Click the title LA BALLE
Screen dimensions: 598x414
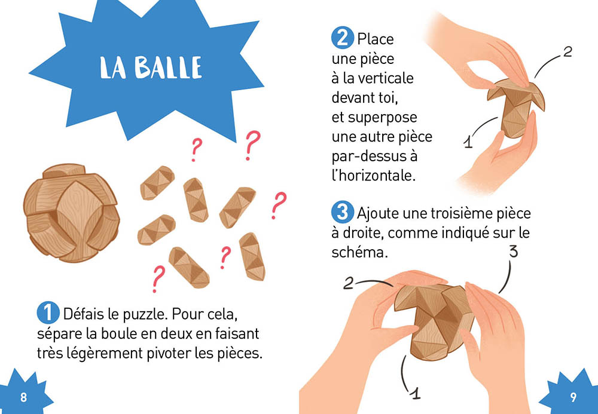click(x=151, y=68)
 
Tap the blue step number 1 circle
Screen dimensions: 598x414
click(x=48, y=312)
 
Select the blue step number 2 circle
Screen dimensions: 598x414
click(x=343, y=38)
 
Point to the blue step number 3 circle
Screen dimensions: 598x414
click(x=343, y=211)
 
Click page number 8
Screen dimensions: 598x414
click(x=24, y=397)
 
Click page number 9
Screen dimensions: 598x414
click(x=573, y=397)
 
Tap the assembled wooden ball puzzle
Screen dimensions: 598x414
click(x=71, y=213)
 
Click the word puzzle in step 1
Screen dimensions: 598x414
click(x=145, y=315)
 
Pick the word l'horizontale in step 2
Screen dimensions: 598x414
click(x=373, y=176)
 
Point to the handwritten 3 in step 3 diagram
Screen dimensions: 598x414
click(x=514, y=252)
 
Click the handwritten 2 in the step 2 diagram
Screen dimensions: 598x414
click(x=568, y=52)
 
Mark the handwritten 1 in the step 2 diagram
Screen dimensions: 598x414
click(x=468, y=142)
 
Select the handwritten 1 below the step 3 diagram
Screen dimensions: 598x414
click(x=415, y=392)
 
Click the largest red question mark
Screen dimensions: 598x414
click(x=252, y=146)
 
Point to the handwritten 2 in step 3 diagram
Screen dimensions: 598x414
click(x=349, y=283)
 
